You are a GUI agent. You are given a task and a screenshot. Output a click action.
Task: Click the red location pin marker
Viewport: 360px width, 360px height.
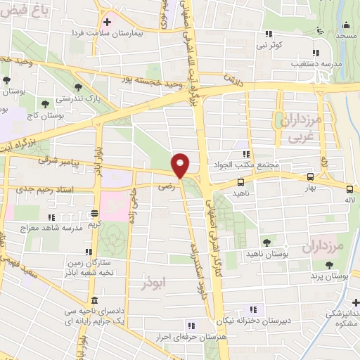pos(181,165)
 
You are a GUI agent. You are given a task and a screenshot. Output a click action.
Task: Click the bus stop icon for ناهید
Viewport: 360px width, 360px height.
pos(241,182)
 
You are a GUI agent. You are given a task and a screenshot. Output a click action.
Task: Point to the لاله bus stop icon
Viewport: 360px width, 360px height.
pos(349,188)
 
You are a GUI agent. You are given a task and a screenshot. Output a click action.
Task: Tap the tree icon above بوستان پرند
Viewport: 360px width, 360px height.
pos(330,265)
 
